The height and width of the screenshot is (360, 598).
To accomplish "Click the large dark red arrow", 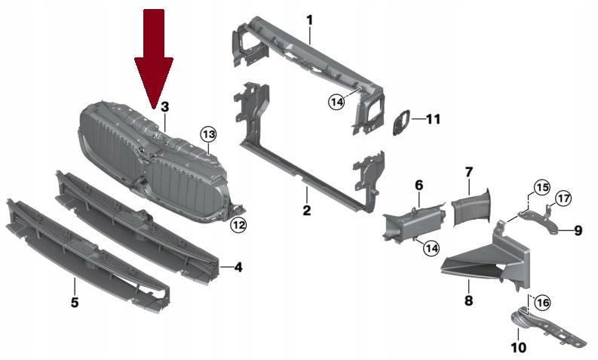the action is click(154, 57).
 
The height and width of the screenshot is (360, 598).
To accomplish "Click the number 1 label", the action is click(310, 20).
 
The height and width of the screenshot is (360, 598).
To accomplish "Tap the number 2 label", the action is click(307, 210).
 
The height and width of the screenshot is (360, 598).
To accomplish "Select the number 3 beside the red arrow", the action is click(164, 107).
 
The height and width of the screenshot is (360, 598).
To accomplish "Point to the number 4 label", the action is click(238, 267).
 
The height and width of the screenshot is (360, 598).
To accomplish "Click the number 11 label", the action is click(433, 119).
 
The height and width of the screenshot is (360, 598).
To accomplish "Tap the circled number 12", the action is click(239, 225).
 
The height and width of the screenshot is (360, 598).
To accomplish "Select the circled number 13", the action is click(209, 134).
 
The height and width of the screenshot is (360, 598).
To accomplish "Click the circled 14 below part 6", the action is click(431, 248).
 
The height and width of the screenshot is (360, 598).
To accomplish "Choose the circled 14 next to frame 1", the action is click(337, 102).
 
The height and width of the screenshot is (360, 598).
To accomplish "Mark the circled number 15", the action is click(542, 187).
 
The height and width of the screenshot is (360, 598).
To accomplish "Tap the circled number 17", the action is click(563, 198).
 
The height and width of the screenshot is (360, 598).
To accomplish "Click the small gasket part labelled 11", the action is click(402, 122).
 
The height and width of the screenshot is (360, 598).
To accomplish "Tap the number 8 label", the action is click(469, 300).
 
